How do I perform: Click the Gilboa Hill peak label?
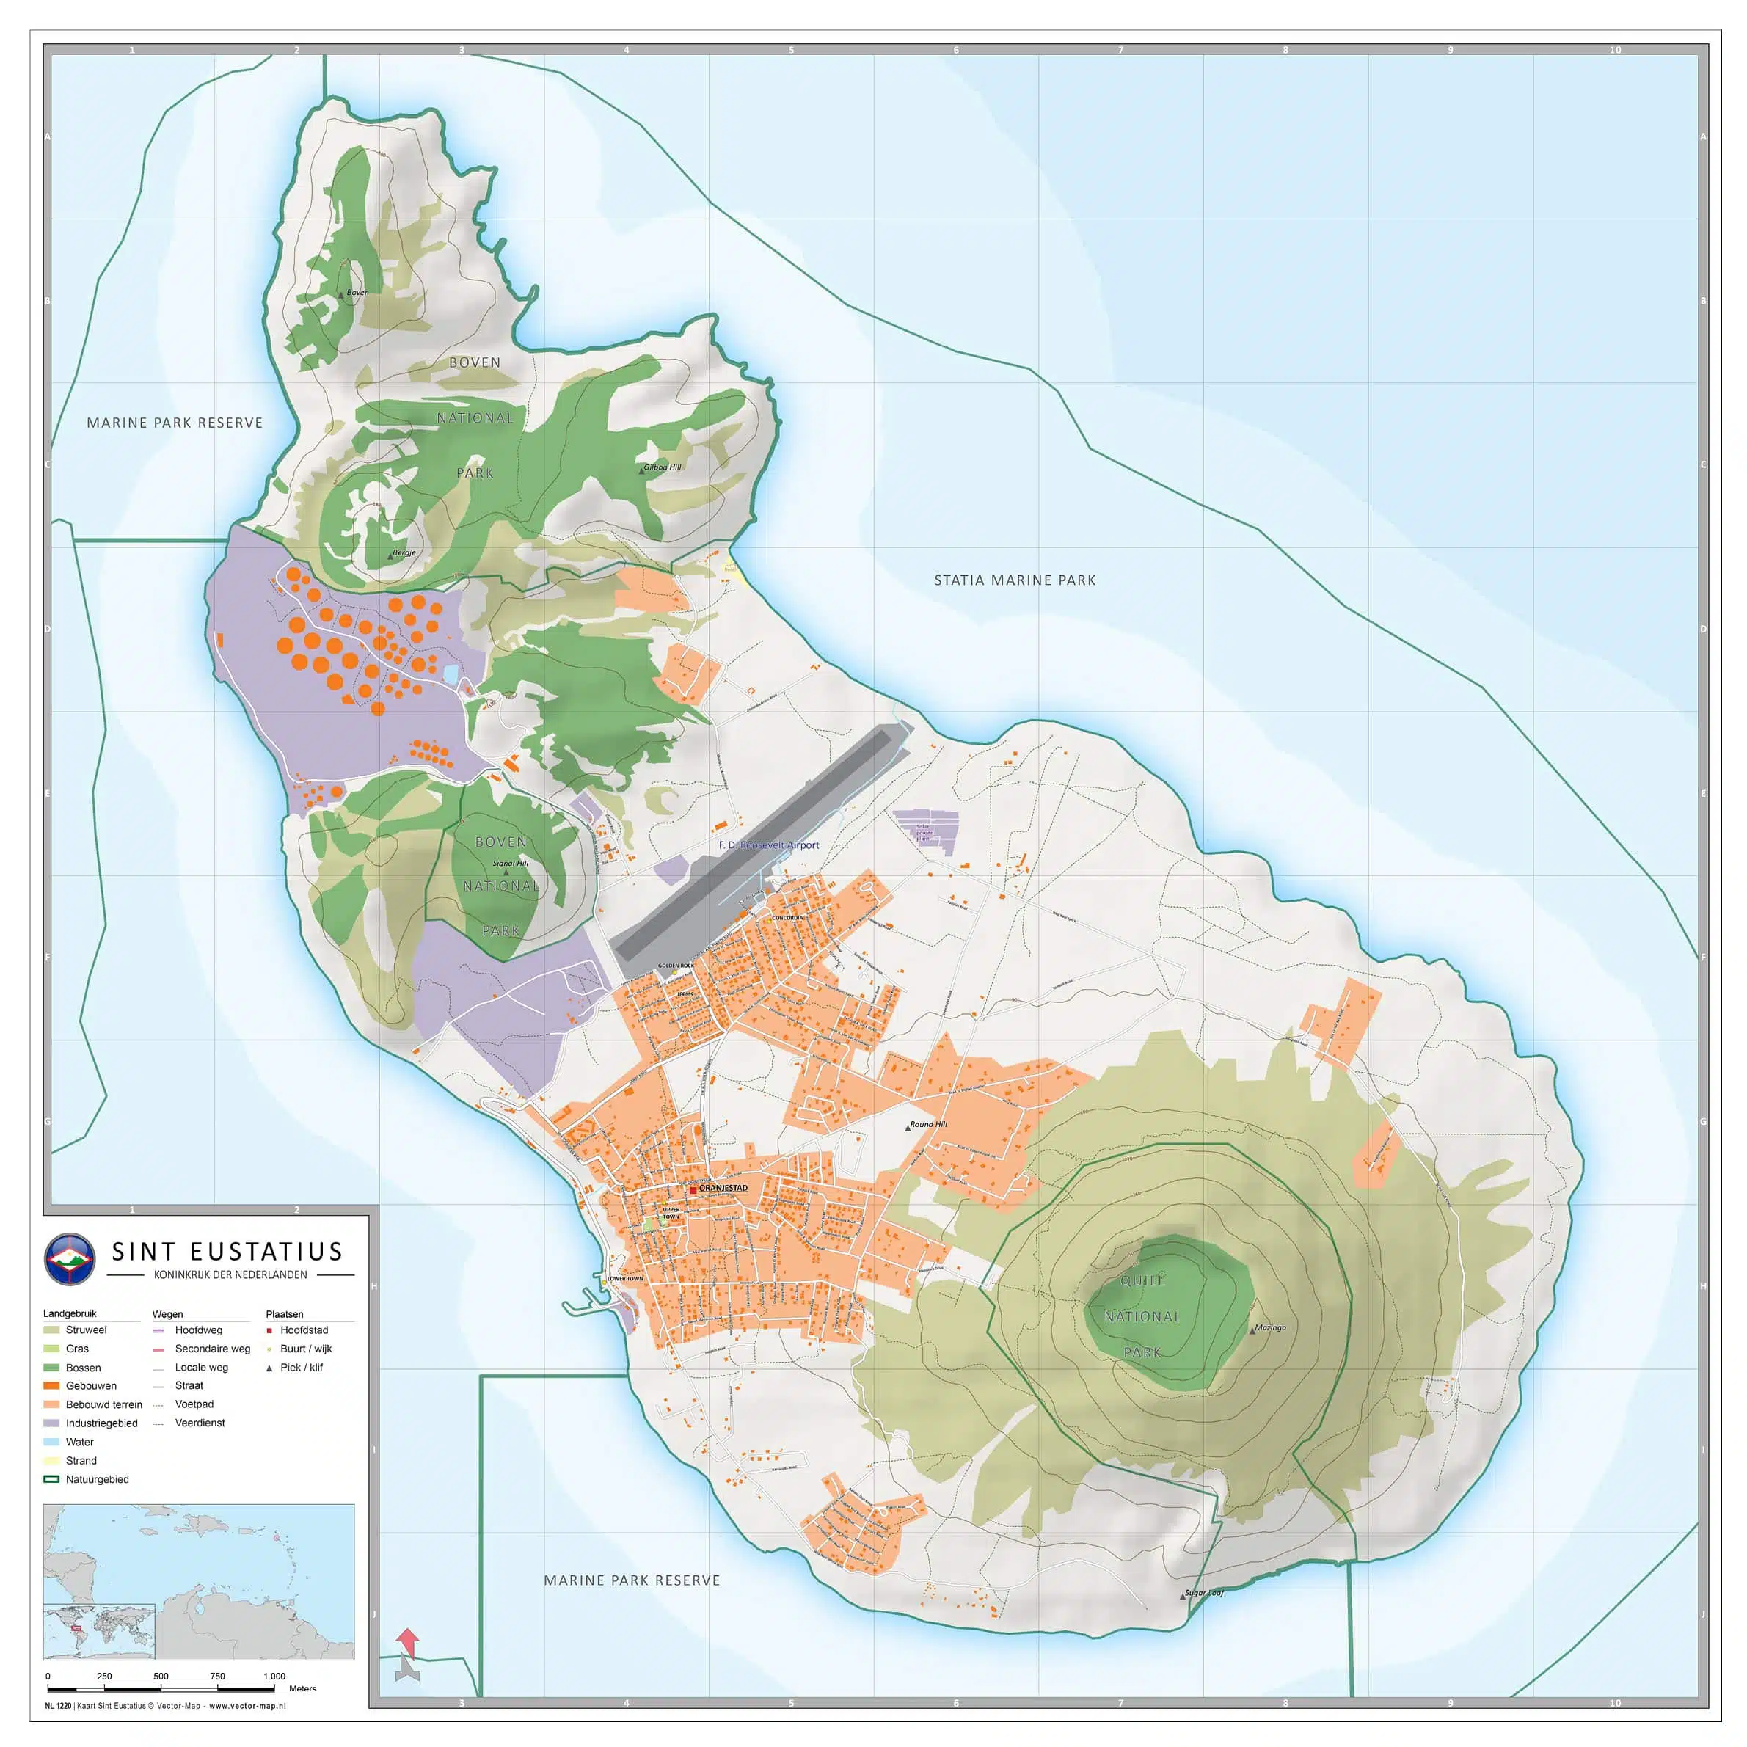point(662,467)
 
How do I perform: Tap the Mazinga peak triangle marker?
point(1252,1331)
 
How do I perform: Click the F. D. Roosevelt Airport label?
point(769,845)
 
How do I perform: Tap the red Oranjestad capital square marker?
point(693,1190)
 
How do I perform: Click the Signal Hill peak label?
point(510,864)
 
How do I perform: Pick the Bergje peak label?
point(404,552)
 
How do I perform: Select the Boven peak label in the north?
point(357,293)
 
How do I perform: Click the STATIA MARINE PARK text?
point(1015,580)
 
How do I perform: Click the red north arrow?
point(408,1642)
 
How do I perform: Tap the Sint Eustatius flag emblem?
point(70,1259)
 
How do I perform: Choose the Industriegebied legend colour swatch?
point(51,1423)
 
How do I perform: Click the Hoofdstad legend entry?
point(303,1330)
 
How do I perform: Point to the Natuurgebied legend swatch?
point(51,1479)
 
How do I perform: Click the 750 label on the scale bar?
point(217,1677)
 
